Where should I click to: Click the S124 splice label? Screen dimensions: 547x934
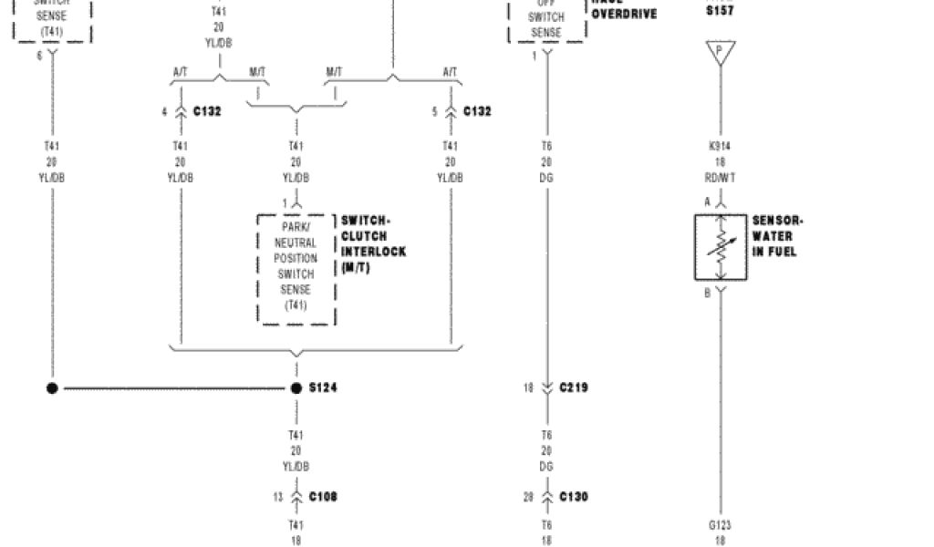pos(323,388)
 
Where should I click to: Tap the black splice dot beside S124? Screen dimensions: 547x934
pos(296,388)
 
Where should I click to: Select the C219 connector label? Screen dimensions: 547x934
pos(574,387)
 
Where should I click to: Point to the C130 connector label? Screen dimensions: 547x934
pos(574,497)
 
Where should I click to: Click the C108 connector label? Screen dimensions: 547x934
pos(323,497)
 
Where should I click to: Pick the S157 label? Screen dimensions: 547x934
pos(720,11)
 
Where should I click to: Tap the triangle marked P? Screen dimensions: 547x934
pos(720,52)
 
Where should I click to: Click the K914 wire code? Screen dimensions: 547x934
pos(720,146)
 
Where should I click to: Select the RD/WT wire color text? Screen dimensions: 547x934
pos(720,177)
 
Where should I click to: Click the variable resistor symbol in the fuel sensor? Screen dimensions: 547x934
pos(721,247)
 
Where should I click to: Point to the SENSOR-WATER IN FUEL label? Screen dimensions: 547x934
pos(776,236)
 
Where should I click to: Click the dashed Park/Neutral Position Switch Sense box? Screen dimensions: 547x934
pos(296,268)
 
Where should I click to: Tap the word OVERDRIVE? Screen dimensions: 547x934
pos(624,15)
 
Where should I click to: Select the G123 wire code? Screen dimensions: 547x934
pos(720,525)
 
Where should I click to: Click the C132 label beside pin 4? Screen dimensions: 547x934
pos(207,111)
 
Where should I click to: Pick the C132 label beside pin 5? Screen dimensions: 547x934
pos(477,111)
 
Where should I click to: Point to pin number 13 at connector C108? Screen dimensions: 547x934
pos(277,497)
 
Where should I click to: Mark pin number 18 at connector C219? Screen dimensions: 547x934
pos(527,387)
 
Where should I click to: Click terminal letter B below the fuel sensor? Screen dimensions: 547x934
pos(707,294)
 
